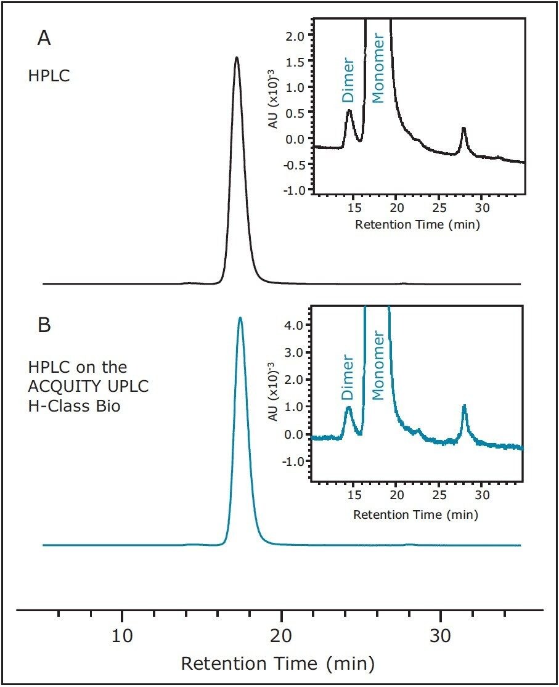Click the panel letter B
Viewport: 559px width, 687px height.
[x=44, y=325]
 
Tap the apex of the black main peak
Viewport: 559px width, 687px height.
[x=237, y=57]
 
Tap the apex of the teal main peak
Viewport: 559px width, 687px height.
[x=240, y=318]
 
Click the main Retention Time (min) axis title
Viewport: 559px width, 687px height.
[x=277, y=664]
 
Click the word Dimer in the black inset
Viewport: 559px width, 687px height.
[x=349, y=80]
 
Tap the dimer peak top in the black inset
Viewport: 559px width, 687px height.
[x=349, y=111]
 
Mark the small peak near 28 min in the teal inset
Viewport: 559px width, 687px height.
[x=464, y=405]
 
